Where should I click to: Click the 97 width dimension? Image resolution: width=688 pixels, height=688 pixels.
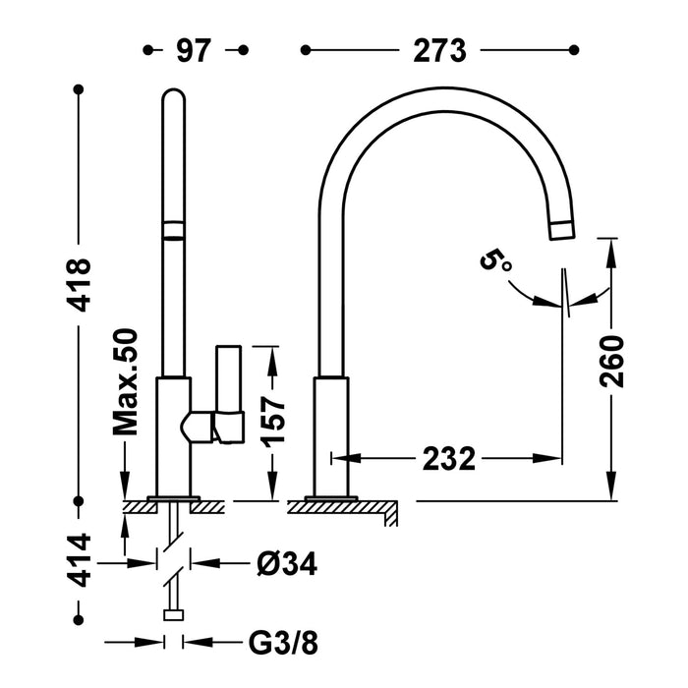[x=195, y=50]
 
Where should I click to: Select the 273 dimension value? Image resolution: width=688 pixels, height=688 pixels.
[x=439, y=50]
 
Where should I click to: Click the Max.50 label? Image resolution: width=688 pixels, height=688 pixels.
[x=128, y=382]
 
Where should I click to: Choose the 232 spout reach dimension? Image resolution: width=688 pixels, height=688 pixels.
[x=450, y=458]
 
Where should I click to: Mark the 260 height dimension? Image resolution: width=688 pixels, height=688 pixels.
[x=610, y=363]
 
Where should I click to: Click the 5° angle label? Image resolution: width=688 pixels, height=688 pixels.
[x=494, y=261]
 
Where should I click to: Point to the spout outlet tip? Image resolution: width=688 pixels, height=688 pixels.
[x=561, y=230]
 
